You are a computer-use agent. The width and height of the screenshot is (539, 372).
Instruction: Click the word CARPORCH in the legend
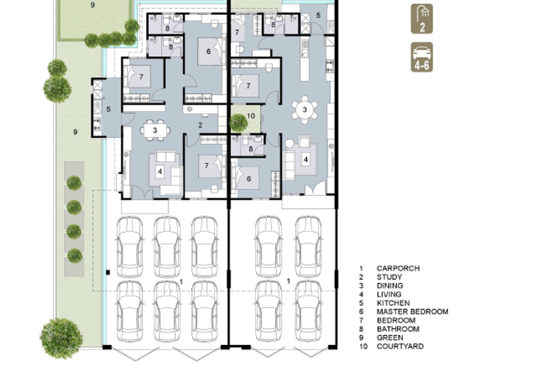398,268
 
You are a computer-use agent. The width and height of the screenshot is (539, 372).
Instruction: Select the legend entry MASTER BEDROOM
412,312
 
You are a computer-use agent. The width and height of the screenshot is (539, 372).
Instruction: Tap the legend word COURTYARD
400,346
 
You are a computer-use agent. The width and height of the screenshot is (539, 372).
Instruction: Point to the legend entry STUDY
389,277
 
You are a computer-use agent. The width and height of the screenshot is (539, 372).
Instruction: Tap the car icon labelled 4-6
422,57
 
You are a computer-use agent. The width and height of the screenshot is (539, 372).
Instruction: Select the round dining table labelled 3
305,109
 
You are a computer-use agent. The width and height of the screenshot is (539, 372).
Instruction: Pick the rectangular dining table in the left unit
155,130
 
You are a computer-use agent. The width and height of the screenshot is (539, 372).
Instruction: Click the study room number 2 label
200,125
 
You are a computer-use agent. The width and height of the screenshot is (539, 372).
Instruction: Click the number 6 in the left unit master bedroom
209,51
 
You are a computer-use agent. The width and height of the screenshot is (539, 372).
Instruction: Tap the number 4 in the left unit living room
160,171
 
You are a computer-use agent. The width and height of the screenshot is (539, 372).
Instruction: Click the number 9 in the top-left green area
93,5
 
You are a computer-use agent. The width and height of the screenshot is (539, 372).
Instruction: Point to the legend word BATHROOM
398,329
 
